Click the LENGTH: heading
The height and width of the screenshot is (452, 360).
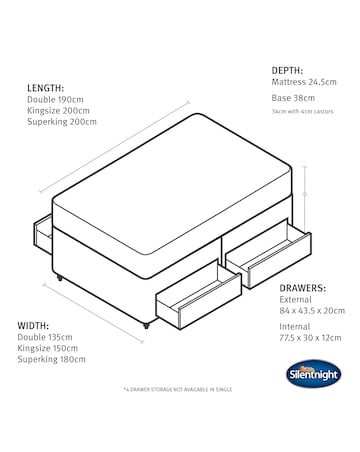[x=45, y=88]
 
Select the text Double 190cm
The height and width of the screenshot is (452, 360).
[x=56, y=100]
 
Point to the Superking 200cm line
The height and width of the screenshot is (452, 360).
[x=62, y=122]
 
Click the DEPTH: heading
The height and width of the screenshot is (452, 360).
[x=290, y=70]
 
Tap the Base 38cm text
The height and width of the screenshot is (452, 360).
[x=293, y=99]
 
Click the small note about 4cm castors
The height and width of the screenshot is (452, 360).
[x=305, y=111]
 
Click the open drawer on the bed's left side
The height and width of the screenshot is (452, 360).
[x=43, y=232]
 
